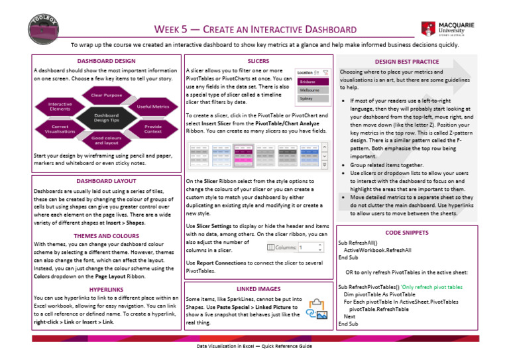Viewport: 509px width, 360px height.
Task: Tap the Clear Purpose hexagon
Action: (x=106, y=95)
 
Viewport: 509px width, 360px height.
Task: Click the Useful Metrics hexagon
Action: (x=152, y=106)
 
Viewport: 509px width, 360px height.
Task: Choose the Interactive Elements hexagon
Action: (x=60, y=106)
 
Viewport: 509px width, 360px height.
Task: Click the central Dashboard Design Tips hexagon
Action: (x=106, y=117)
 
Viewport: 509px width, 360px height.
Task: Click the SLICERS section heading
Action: (x=258, y=60)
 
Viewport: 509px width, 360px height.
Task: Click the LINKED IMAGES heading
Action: (x=258, y=289)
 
